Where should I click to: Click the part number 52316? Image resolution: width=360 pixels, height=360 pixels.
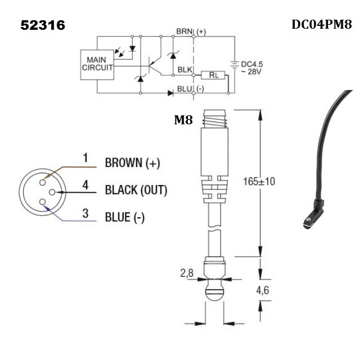pos(43,25)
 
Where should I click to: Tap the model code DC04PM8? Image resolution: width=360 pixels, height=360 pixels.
pos(321,25)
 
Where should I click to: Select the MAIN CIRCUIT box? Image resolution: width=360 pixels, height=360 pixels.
pos(97,63)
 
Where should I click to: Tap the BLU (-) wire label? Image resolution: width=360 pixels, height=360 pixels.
pos(191,89)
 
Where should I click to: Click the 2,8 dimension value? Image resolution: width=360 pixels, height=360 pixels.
pos(187,273)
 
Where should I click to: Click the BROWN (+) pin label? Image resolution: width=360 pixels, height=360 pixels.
pos(132,163)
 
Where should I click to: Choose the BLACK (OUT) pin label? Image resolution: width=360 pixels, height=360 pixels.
pos(136,190)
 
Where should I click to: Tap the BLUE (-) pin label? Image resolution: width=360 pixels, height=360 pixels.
pos(124,217)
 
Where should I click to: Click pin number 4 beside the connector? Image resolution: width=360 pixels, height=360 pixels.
pos(85,184)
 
